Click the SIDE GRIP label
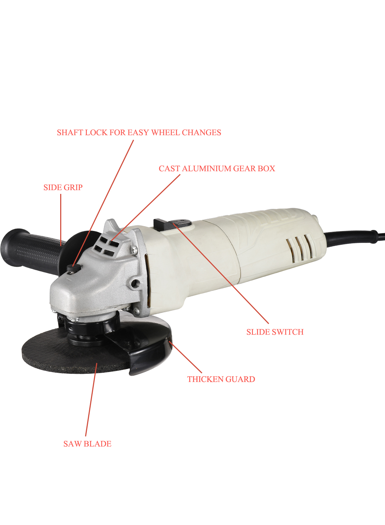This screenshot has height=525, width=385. tap(63, 187)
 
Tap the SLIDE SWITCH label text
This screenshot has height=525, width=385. tap(275, 332)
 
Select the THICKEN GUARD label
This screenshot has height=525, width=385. tap(221, 379)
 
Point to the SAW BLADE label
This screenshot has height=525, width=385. tap(87, 444)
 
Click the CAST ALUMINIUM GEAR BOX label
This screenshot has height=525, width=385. tap(217, 168)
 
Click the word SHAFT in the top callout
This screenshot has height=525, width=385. tap(70, 132)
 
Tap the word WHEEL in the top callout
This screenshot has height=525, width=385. tap(166, 132)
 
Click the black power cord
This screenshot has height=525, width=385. tap(354, 238)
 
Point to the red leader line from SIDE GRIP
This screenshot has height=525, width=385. tap(61, 220)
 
